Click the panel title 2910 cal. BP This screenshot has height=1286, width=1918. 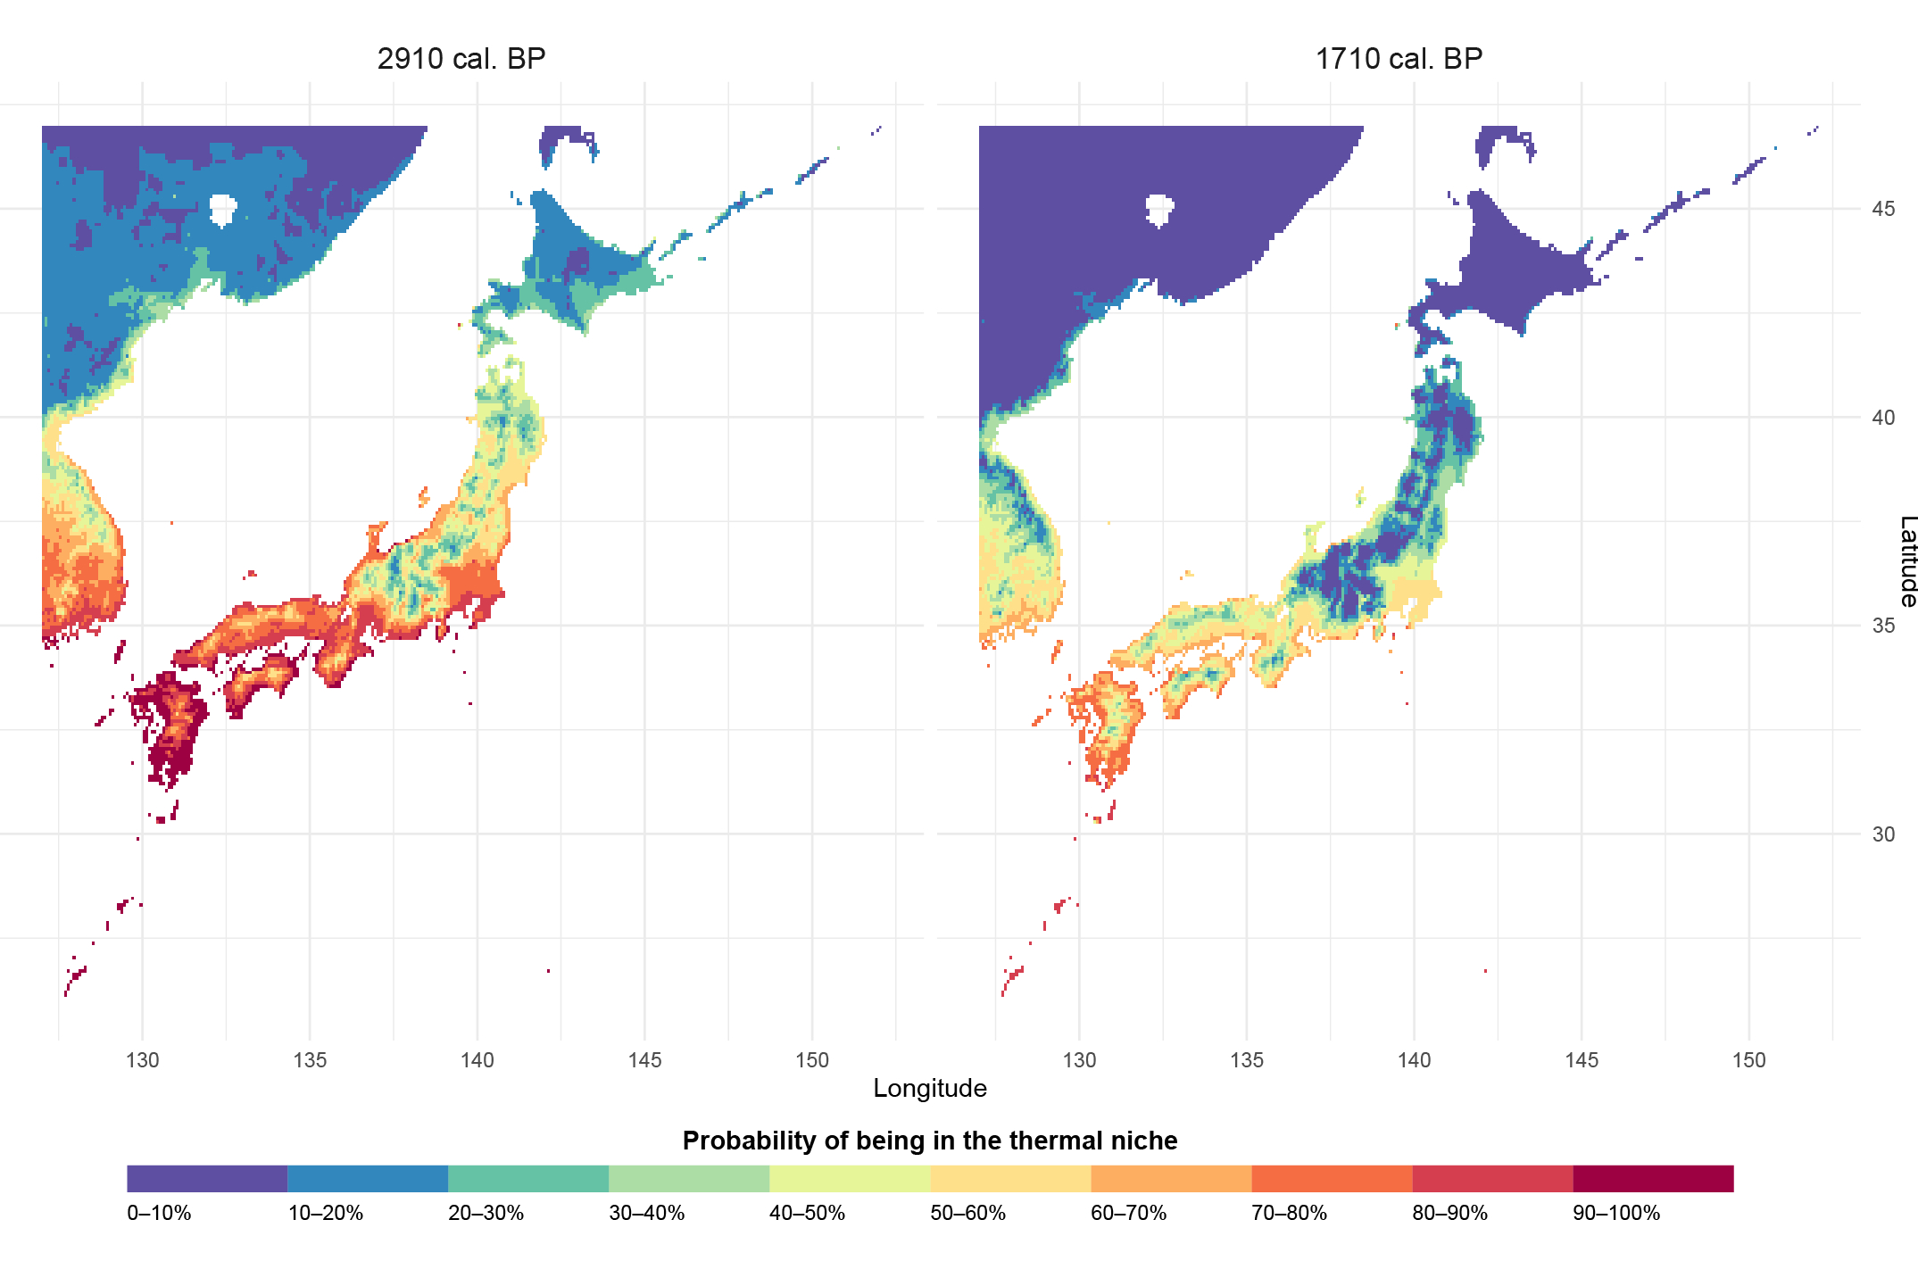461,59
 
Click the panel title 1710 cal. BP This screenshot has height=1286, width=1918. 1399,59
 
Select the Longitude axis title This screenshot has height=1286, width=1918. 929,1088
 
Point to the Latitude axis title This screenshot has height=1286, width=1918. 1907,561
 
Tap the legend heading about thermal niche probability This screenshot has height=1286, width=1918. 929,1141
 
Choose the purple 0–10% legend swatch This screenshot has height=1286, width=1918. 207,1178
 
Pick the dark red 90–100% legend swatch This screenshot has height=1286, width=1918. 1653,1178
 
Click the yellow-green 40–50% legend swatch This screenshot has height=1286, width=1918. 850,1178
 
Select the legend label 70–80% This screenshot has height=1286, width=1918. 1289,1213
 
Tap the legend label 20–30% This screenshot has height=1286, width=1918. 486,1213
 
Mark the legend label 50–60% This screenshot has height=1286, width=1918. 967,1213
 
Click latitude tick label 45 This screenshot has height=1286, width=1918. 1883,209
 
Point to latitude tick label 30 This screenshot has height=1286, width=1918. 1883,834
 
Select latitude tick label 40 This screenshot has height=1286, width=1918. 1883,418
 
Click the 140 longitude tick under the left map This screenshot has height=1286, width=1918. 477,1060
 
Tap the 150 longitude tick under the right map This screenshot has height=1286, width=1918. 1748,1060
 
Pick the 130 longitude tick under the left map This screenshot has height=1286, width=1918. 142,1060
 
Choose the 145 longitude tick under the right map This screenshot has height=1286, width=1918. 1582,1060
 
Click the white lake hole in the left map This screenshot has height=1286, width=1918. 222,210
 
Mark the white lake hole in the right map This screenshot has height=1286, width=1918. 1159,210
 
